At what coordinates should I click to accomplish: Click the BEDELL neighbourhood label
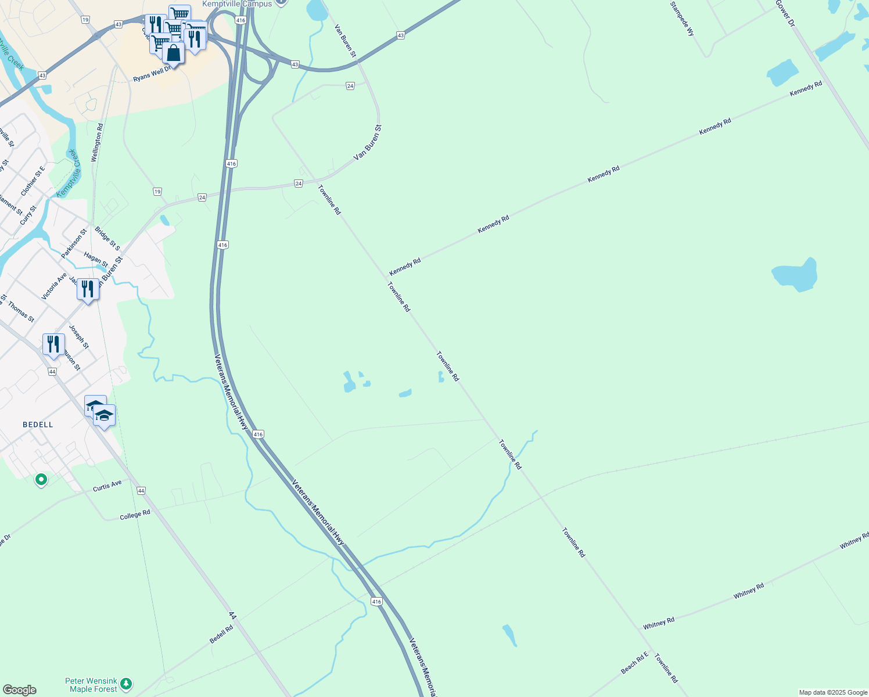[38, 425]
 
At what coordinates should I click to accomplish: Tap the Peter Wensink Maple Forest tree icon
[126, 684]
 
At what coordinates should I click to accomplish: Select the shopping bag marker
[173, 53]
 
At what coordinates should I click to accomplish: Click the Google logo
[19, 690]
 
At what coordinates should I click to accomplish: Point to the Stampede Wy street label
[682, 19]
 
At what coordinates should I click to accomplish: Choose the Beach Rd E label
[634, 663]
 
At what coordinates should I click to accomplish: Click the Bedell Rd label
[221, 634]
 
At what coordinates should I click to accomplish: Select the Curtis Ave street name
[107, 486]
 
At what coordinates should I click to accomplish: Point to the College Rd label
[135, 515]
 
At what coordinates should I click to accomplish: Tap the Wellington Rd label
[98, 142]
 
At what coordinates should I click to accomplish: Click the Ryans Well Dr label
[152, 74]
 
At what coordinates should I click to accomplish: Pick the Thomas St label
[21, 312]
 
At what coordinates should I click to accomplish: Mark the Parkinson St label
[74, 244]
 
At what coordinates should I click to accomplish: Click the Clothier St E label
[33, 181]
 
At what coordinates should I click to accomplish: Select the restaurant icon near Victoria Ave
[87, 289]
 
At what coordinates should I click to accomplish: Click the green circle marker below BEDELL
[41, 480]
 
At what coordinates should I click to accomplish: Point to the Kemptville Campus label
[237, 4]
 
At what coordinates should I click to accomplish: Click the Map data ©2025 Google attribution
[833, 692]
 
